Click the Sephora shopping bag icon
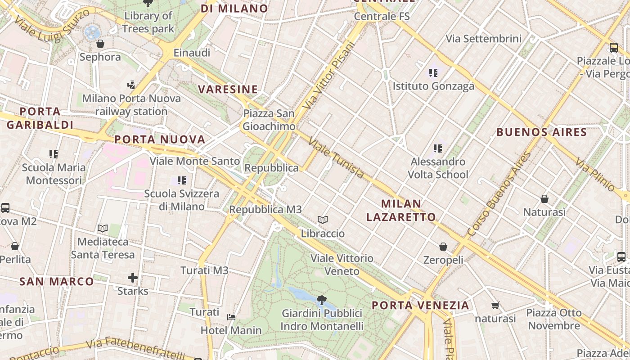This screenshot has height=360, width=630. (x=100, y=44)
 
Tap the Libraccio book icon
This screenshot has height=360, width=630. (x=322, y=220)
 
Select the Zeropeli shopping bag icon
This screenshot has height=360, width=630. (x=443, y=247)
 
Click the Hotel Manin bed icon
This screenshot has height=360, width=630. (x=231, y=317)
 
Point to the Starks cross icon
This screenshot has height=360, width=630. (x=133, y=277)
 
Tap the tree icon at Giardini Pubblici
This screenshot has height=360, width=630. (x=321, y=300)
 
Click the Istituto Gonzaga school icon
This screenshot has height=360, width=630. (x=433, y=72)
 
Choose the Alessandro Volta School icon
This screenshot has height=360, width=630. (x=438, y=148)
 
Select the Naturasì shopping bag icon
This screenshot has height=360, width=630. (x=544, y=198)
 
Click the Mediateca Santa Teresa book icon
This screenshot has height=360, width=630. (x=103, y=228)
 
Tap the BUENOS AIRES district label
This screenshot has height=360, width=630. (x=541, y=132)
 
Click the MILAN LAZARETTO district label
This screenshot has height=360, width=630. (x=401, y=211)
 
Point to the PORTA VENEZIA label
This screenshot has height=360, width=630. (x=420, y=306)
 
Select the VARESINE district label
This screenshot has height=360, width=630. (x=228, y=89)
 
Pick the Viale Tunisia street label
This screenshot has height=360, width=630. (x=336, y=158)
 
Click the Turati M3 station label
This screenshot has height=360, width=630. (x=204, y=270)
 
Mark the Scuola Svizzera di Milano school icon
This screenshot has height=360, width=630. (x=182, y=180)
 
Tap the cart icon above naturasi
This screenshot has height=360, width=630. (x=495, y=306)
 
